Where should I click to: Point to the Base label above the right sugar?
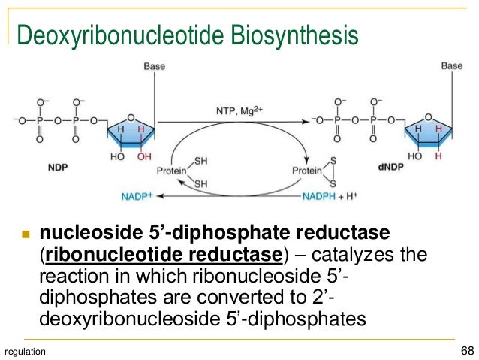[452, 66]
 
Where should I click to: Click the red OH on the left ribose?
[144, 157]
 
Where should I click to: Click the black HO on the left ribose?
[118, 157]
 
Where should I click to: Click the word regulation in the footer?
[25, 352]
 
